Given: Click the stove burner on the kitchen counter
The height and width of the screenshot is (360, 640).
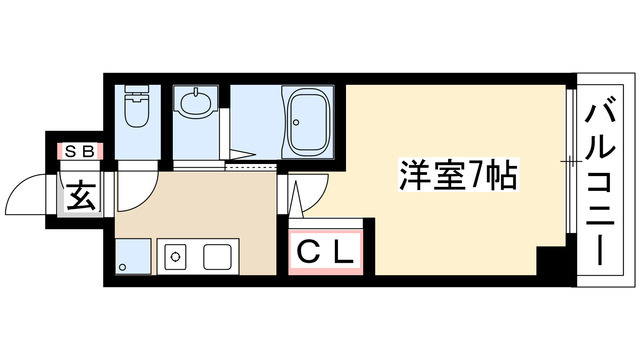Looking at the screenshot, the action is [x=175, y=257].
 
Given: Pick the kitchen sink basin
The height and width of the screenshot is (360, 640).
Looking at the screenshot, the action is [x=219, y=257].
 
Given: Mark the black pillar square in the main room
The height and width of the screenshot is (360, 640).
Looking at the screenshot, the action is [x=549, y=261].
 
